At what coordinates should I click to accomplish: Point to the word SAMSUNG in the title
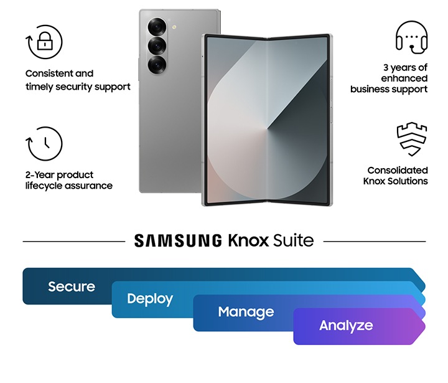coord(178,240)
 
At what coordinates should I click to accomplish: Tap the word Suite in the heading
coord(293,240)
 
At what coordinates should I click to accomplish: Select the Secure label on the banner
coord(72,286)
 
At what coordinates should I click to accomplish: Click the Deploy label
coord(150,299)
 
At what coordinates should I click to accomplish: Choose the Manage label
coord(246,312)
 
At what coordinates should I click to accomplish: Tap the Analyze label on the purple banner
coord(346,325)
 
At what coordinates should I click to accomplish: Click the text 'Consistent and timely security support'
coord(78,80)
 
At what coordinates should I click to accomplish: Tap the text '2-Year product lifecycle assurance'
coord(68,181)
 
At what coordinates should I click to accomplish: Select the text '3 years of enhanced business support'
coord(389,78)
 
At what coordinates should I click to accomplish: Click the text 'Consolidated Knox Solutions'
coord(396,176)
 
